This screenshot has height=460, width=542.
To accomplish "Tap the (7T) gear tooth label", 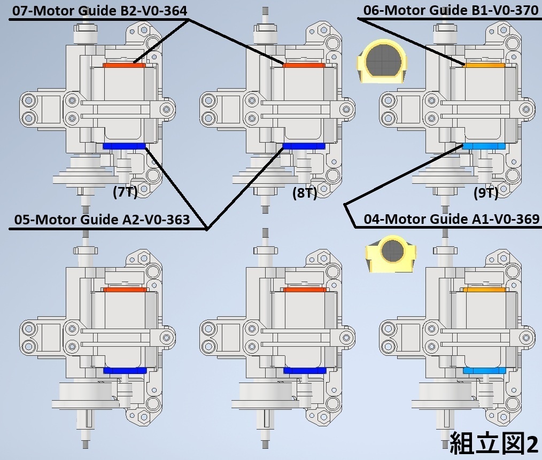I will [x=125, y=192].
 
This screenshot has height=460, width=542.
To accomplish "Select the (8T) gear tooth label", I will [x=304, y=193].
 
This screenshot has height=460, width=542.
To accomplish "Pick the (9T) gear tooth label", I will [x=485, y=193].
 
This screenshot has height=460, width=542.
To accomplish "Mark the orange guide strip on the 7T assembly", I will [x=124, y=65].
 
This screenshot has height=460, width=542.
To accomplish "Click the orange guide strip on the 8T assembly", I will [x=304, y=65].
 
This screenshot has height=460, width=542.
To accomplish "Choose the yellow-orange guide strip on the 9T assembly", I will [x=484, y=65].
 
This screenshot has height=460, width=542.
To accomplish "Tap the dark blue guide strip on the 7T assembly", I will [x=124, y=146].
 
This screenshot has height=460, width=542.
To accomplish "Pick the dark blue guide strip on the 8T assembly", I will [x=304, y=146].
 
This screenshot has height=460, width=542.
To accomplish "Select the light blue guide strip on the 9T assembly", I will [x=484, y=146].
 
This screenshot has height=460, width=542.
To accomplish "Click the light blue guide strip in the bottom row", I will [x=484, y=370].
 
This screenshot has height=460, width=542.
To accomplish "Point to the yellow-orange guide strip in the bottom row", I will [x=484, y=290].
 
